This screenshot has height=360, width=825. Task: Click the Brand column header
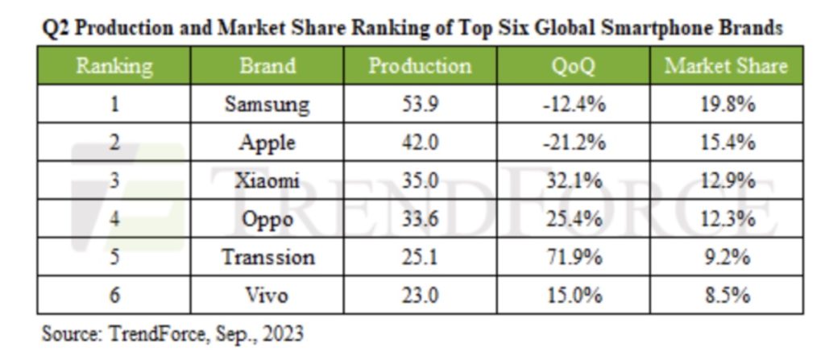click(267, 66)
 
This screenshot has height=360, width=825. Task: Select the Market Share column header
click(726, 66)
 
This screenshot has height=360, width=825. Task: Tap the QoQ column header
click(574, 66)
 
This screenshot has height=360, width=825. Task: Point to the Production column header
click(420, 66)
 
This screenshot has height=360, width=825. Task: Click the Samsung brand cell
click(267, 105)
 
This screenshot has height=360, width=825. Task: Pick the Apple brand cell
click(267, 143)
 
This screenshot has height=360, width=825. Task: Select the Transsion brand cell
click(267, 258)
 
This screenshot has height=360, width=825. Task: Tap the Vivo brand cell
click(267, 296)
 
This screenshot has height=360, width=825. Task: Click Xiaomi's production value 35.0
click(420, 180)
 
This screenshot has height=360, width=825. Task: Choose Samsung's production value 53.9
click(420, 105)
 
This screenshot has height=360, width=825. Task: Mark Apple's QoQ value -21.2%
click(574, 143)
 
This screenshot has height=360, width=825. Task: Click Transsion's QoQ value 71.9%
click(574, 258)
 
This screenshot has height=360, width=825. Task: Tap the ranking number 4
click(114, 219)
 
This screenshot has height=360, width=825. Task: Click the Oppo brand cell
click(267, 219)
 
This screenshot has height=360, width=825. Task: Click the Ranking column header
click(114, 66)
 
